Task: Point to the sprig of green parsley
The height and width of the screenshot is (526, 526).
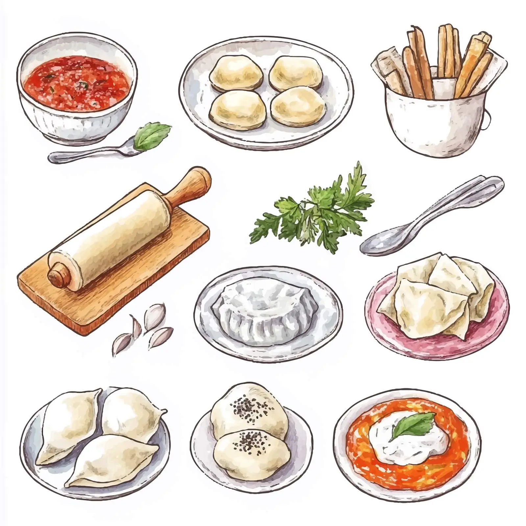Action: (316, 210)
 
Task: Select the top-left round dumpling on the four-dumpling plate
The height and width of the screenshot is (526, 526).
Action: (236, 73)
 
